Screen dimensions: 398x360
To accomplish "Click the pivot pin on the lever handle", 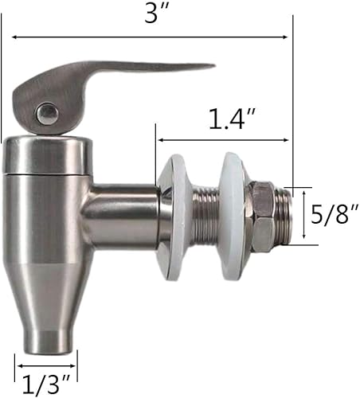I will click(45, 113).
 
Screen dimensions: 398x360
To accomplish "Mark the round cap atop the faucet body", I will click(45, 154).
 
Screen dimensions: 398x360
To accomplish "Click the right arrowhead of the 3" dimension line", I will click(284, 37).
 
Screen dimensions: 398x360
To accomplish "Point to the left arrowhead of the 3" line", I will click(14, 37).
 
